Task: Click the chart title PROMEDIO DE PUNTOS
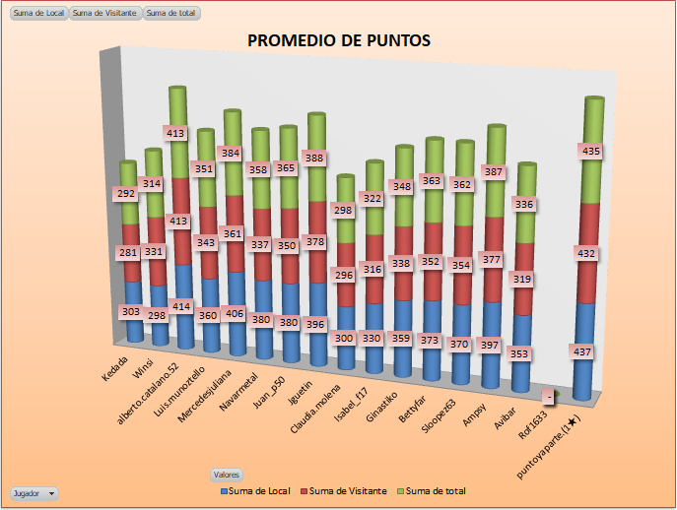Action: pyautogui.click(x=338, y=40)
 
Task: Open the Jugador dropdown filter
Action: pyautogui.click(x=34, y=492)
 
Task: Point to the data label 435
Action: pyautogui.click(x=591, y=152)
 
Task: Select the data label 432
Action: pyautogui.click(x=589, y=253)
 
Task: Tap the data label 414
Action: pyautogui.click(x=180, y=307)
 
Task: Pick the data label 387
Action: pyautogui.click(x=496, y=171)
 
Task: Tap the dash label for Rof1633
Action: pyautogui.click(x=547, y=397)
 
